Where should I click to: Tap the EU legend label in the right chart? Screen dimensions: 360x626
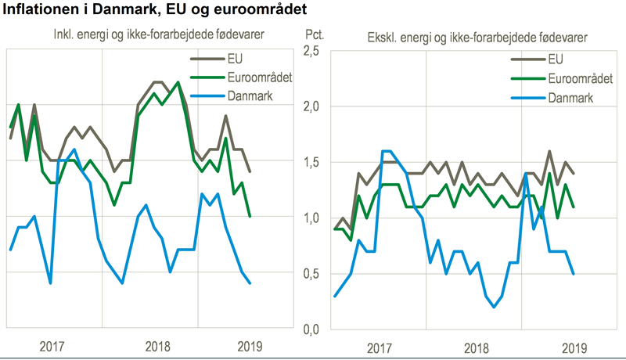coord(556,58)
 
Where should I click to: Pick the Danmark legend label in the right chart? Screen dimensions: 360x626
coord(571,97)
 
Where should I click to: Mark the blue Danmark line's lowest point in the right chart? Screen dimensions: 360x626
coord(494,307)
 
